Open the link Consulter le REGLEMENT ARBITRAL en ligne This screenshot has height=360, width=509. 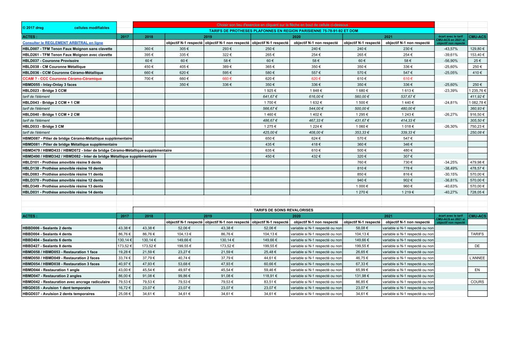click(63, 43)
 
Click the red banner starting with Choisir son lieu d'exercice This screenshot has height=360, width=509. click(283, 25)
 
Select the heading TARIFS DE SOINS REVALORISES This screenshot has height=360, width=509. click(284, 210)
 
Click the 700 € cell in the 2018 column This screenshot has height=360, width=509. click(149, 78)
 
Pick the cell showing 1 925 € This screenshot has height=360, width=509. click(270, 90)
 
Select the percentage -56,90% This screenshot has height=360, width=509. click(450, 61)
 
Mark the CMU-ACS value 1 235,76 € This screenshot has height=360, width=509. click(478, 90)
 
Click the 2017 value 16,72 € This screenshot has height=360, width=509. click(125, 288)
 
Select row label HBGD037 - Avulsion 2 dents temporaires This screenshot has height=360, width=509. click(58, 294)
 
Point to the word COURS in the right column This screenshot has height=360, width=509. click(477, 282)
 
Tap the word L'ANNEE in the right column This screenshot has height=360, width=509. click(477, 258)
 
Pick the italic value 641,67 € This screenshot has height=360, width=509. click(270, 96)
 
